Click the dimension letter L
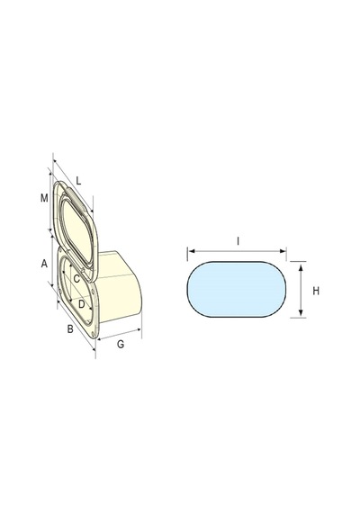click(x=78, y=181)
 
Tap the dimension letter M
click(x=44, y=198)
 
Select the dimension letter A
click(x=44, y=264)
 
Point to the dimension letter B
click(x=70, y=328)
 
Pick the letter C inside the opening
click(x=76, y=279)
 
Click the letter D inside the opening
click(x=82, y=304)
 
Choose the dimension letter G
click(x=121, y=344)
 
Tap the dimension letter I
click(x=238, y=241)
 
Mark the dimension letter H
click(x=316, y=291)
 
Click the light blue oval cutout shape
click(x=237, y=289)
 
